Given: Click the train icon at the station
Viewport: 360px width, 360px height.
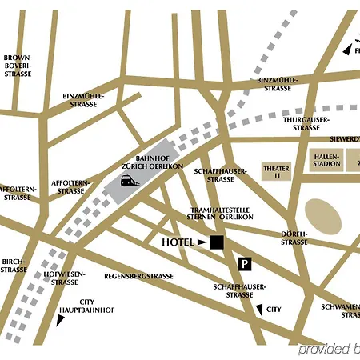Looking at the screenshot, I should click(129, 181).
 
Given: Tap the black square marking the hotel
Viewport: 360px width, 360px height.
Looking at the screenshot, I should click(217, 242).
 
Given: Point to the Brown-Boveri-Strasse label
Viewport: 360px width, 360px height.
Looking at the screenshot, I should click(18, 66).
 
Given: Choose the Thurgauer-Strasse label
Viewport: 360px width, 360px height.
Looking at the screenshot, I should click(302, 123).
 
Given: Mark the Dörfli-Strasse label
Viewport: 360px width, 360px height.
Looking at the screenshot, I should click(294, 238).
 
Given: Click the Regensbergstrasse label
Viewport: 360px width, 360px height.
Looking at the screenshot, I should click(139, 276).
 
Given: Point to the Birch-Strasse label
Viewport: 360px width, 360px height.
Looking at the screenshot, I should click(14, 266).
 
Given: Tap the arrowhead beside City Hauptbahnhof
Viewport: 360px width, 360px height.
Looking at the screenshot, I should click(60, 320).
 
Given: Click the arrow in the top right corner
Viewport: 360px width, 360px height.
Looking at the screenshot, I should click(346, 50).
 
